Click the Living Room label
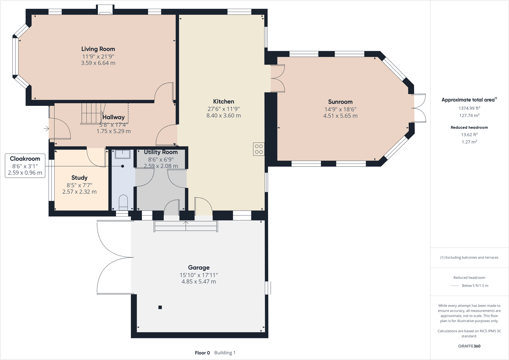[x=98, y=49]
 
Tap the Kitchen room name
[x=223, y=102]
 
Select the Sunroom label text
[x=340, y=102]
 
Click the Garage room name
[x=198, y=267]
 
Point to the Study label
[x=79, y=178]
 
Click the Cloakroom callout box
[x=25, y=166]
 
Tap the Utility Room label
[x=161, y=152]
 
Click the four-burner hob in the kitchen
[x=259, y=149]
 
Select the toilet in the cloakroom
[x=123, y=203]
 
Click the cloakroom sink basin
[x=123, y=154]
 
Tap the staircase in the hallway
[x=92, y=113]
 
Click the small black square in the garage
[x=160, y=307]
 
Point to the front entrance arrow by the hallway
[x=46, y=129]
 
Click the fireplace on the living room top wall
[x=105, y=10]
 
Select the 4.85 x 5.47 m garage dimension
[x=198, y=281]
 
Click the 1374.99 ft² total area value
[x=469, y=108]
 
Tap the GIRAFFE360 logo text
[x=469, y=346]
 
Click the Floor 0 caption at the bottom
[x=202, y=353]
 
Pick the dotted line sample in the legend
[x=454, y=286]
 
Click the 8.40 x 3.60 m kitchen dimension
[x=223, y=116]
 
